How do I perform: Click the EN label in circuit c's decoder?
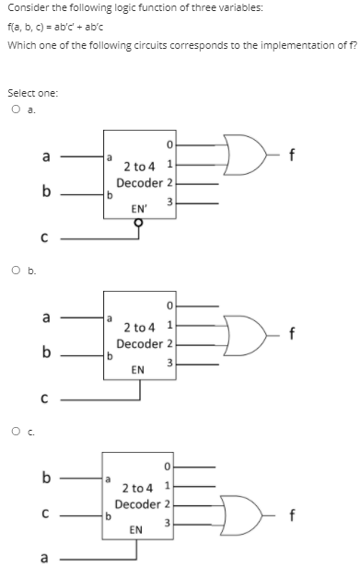coord(137,530)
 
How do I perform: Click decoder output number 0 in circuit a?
coord(170,144)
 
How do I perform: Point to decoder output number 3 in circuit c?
coord(171,523)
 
